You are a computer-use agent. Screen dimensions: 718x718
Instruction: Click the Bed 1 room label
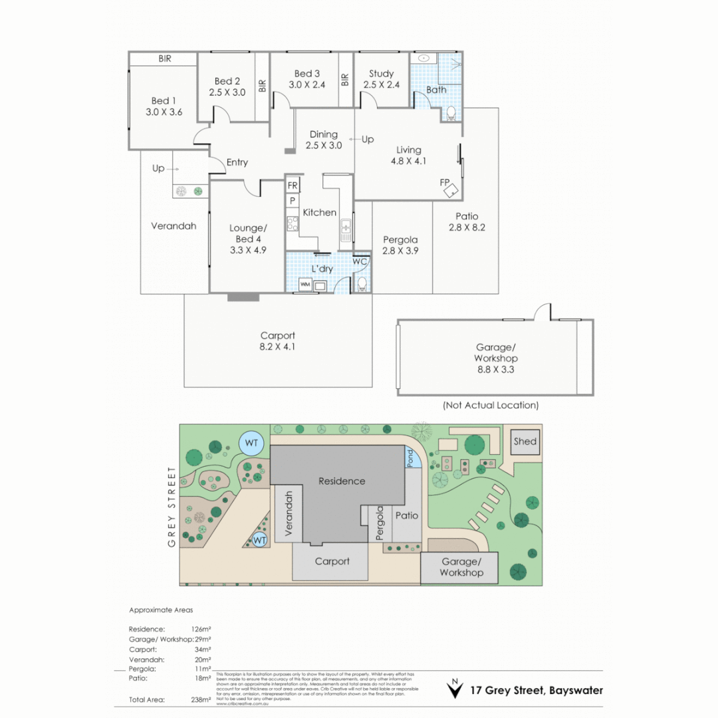pyautogui.click(x=164, y=102)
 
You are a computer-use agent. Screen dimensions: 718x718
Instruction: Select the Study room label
pyautogui.click(x=381, y=74)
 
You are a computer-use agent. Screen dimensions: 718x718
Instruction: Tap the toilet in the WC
pyautogui.click(x=362, y=284)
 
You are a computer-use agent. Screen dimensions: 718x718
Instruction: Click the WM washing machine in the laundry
pyautogui.click(x=306, y=285)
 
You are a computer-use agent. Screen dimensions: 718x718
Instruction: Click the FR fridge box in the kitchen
pyautogui.click(x=293, y=185)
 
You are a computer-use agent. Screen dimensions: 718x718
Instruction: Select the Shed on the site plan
pyautogui.click(x=525, y=441)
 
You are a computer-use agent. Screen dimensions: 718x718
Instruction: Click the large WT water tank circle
pyautogui.click(x=252, y=443)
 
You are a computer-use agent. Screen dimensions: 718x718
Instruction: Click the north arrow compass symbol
pyautogui.click(x=455, y=689)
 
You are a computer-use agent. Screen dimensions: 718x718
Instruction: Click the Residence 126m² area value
pyautogui.click(x=201, y=628)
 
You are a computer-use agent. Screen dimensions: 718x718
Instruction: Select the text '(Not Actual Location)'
pyautogui.click(x=491, y=405)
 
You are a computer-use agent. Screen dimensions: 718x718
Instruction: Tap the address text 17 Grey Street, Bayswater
pyautogui.click(x=537, y=690)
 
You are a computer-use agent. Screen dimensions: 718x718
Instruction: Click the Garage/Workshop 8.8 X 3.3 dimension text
pyautogui.click(x=497, y=370)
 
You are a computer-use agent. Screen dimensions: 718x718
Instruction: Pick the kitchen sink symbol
pyautogui.click(x=346, y=230)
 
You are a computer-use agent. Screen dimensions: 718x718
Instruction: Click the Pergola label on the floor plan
pyautogui.click(x=400, y=239)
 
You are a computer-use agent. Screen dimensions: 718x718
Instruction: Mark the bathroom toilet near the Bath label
pyautogui.click(x=451, y=113)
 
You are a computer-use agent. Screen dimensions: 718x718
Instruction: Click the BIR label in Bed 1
pyautogui.click(x=165, y=59)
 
